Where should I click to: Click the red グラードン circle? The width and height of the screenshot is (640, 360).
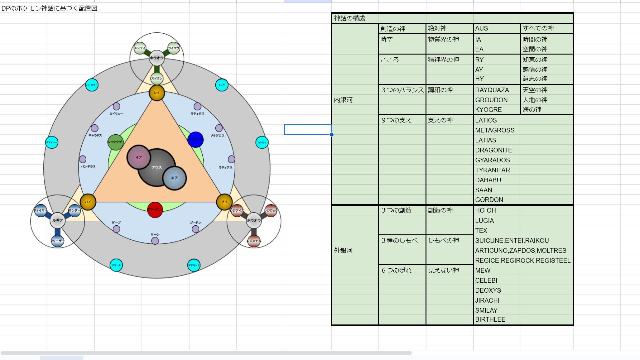155,210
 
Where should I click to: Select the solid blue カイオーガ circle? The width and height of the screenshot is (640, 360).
195,140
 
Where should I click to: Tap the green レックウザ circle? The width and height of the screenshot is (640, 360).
115,142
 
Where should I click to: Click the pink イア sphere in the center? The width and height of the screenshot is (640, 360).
139,157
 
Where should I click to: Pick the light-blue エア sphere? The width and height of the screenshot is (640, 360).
175,178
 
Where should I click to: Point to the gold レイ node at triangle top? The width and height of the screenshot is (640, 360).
157,93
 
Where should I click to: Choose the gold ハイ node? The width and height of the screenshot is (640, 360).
88,202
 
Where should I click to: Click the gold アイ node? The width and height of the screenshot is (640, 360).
224,202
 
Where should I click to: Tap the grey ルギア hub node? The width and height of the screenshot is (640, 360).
57,220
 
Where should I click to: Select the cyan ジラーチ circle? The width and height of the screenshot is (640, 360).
116,265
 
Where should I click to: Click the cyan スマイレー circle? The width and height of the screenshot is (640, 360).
52,142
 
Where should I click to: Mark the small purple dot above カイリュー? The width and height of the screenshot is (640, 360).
116,106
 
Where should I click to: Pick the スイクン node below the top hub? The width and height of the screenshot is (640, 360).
157,79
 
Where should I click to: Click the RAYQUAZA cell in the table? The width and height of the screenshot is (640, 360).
492,90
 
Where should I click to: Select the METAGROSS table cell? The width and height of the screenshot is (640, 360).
495,130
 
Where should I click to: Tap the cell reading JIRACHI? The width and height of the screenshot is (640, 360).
487,300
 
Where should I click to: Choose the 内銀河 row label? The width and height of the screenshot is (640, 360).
343,100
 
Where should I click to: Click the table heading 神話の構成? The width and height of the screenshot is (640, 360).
349,18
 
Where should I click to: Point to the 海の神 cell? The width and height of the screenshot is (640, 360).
532,110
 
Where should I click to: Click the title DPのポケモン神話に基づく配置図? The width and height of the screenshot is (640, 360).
49,8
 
